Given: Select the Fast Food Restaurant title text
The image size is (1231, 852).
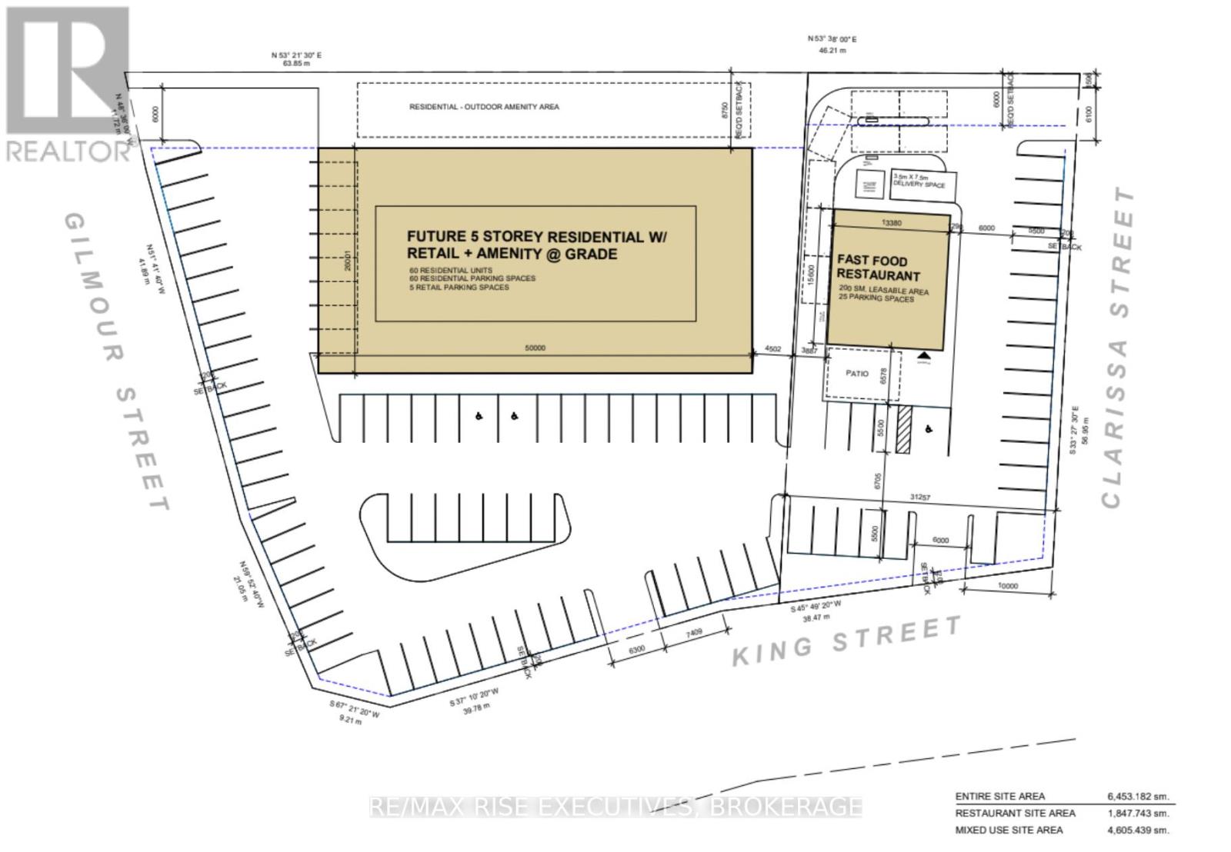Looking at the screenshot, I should tap(878, 268).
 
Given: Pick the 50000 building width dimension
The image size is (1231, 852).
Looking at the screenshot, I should tap(535, 348).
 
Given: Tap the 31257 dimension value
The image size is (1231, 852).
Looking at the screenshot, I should tap(920, 498).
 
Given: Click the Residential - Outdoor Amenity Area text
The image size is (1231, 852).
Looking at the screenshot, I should tap(484, 107).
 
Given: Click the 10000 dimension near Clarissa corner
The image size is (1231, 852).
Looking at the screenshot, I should tap(1006, 586).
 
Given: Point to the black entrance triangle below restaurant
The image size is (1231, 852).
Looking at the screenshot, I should tap(923, 354).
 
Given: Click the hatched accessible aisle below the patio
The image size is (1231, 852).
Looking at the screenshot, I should tap(905, 429).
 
